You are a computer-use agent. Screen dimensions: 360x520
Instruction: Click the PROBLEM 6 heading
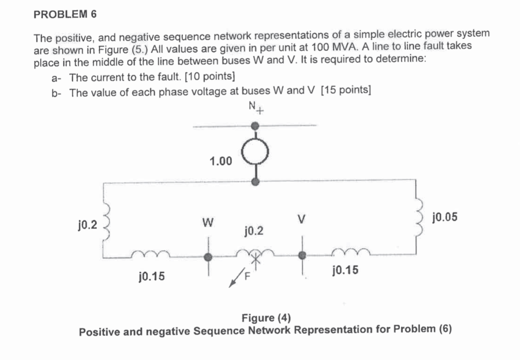click(65, 14)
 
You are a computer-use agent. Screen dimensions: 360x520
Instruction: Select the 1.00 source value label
click(220, 161)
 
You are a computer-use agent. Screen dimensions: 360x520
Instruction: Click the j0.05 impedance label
click(445, 217)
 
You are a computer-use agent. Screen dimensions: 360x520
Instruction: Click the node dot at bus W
click(209, 257)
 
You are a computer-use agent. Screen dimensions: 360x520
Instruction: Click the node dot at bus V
click(302, 256)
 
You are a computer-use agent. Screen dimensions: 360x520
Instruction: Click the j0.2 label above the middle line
click(254, 231)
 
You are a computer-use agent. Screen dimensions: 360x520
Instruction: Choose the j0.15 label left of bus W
click(151, 275)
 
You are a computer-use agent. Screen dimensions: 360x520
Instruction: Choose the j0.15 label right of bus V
click(346, 271)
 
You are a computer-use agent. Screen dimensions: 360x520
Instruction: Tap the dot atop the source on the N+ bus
click(256, 125)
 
